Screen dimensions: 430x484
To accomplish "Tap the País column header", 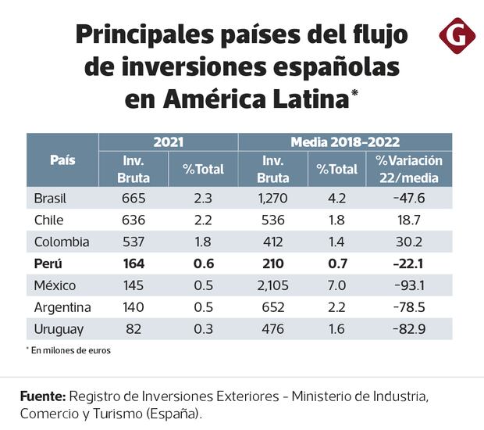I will pyautogui.click(x=62, y=159).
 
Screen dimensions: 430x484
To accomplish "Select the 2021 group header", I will pyautogui.click(x=168, y=142).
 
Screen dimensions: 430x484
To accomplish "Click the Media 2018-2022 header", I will pyautogui.click(x=345, y=142).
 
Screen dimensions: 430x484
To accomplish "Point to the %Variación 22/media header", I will pyautogui.click(x=409, y=168).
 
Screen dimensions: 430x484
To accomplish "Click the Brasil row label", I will pyautogui.click(x=50, y=198).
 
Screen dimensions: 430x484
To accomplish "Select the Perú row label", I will pyautogui.click(x=46, y=263).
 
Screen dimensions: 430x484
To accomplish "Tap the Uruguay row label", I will pyautogui.click(x=55, y=329).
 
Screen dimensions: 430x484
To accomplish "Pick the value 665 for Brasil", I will pyautogui.click(x=133, y=198).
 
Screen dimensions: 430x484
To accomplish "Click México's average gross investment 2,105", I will pyautogui.click(x=273, y=285).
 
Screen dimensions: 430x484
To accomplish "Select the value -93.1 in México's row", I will pyautogui.click(x=409, y=285).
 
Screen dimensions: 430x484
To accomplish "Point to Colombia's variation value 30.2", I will pyautogui.click(x=410, y=242).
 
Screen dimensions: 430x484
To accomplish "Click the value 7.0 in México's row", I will pyautogui.click(x=337, y=285).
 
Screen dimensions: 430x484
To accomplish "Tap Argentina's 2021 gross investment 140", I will pyautogui.click(x=133, y=307).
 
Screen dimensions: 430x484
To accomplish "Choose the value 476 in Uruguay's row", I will pyautogui.click(x=273, y=329).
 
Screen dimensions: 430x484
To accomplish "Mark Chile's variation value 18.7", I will pyautogui.click(x=410, y=220).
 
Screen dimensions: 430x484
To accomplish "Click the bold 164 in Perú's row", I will pyautogui.click(x=133, y=263).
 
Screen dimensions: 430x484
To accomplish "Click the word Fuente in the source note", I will pyautogui.click(x=42, y=397).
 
